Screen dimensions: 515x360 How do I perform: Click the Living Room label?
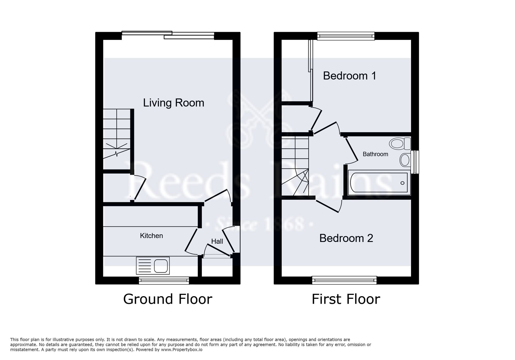[174, 103]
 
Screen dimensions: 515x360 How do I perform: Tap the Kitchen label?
[151, 236]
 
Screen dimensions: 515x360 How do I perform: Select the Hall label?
[217, 241]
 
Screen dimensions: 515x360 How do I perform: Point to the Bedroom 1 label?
[349, 76]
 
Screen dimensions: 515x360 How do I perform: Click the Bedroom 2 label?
[346, 238]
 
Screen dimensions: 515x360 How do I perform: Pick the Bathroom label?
[375, 154]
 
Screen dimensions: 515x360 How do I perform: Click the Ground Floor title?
[168, 299]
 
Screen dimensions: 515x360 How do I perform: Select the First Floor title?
[346, 299]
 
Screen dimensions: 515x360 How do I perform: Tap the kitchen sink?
[153, 266]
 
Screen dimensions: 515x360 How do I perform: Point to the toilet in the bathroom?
[400, 144]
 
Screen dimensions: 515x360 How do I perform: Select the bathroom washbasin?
[405, 160]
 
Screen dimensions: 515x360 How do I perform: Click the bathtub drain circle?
[402, 183]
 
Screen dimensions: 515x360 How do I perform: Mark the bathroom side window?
[415, 162]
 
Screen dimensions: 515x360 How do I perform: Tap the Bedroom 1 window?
[346, 36]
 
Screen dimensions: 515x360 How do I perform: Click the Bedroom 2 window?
[344, 280]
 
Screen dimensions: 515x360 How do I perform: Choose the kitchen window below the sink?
[164, 280]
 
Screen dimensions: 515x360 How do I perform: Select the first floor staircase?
[295, 166]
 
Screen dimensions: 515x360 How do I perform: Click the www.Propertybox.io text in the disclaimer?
[182, 350]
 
